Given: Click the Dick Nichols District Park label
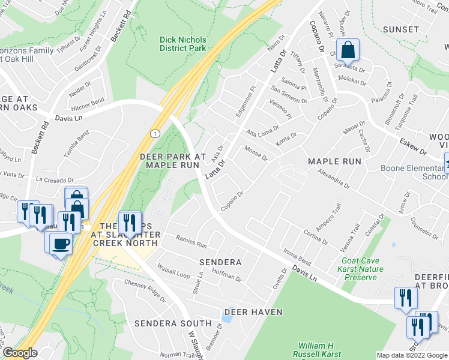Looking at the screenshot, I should (x=182, y=44).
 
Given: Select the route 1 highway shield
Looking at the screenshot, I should (x=155, y=133).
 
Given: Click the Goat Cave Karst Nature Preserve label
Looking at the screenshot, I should (x=362, y=269).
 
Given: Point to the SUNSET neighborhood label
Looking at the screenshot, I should (x=401, y=29).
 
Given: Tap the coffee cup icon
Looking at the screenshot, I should (x=62, y=243).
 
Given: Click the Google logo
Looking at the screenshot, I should (x=19, y=353).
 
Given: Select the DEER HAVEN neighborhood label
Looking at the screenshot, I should (x=253, y=312).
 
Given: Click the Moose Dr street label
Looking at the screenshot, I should (x=256, y=153).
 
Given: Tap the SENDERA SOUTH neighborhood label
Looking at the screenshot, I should (x=173, y=323).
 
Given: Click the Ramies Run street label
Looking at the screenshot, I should (x=191, y=242).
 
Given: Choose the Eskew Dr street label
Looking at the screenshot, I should (x=411, y=147).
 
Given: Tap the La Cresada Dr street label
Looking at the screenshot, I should (x=54, y=179).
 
